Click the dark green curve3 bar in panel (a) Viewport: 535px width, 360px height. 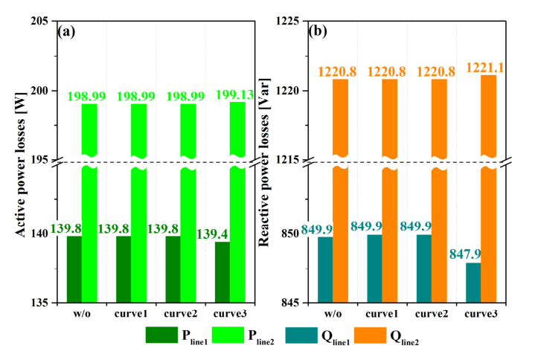(x=222, y=272)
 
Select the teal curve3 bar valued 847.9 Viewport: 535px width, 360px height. (x=472, y=283)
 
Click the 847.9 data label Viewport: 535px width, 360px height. (x=467, y=254)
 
